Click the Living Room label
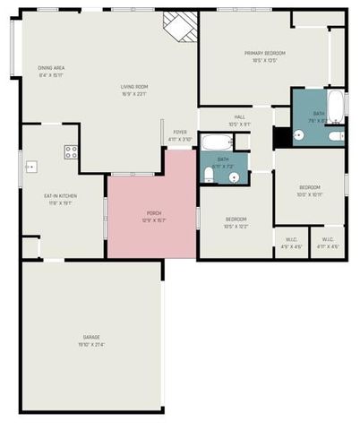[x=133, y=90]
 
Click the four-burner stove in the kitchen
[x=71, y=152]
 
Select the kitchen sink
[x=31, y=166]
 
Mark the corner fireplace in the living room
[x=179, y=26]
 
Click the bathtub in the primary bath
[x=334, y=107]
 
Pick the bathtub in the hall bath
[x=216, y=142]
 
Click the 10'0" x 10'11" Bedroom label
[x=309, y=191]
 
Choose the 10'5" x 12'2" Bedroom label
[x=236, y=221]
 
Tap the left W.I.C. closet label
[x=292, y=242]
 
